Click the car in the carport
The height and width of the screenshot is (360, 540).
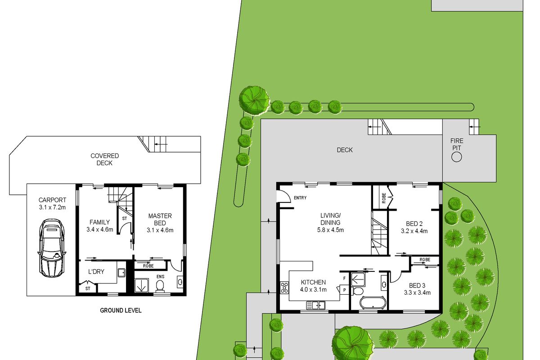click(x=52, y=248)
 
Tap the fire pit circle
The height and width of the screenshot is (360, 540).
click(x=456, y=157)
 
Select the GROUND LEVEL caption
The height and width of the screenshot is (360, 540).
click(x=121, y=310)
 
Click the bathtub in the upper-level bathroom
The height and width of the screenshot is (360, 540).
click(x=373, y=302)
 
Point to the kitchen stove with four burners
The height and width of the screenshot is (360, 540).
click(x=284, y=288)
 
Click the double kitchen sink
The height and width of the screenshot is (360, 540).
click(x=315, y=305)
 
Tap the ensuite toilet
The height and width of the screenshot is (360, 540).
click(x=160, y=286)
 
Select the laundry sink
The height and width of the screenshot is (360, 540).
click(x=121, y=273)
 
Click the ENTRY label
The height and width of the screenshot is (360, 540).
click(x=300, y=198)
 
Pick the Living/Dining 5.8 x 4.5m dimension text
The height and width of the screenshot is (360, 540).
click(x=330, y=230)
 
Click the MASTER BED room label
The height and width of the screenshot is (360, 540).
click(x=160, y=219)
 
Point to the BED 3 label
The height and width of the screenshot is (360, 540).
click(x=417, y=285)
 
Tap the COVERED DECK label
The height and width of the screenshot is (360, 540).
click(x=104, y=159)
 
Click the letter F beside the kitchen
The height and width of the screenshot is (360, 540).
click(x=344, y=278)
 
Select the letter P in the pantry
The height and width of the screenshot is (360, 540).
click(x=344, y=290)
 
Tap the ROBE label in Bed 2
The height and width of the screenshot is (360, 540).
click(x=384, y=198)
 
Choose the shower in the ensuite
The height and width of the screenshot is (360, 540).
click(x=141, y=285)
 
